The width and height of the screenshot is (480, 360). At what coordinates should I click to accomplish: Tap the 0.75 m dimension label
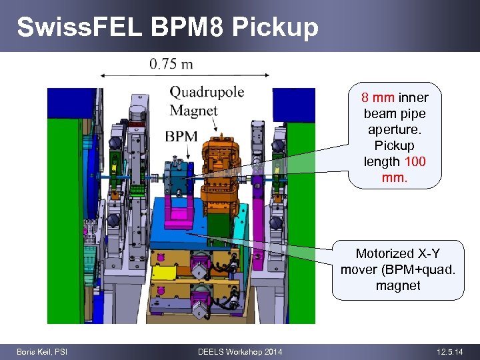(171, 64)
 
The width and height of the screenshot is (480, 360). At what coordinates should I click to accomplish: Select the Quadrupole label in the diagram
(207, 92)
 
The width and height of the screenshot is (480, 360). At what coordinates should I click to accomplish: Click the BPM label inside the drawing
(181, 137)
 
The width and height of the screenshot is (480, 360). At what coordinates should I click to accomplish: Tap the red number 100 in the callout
(414, 161)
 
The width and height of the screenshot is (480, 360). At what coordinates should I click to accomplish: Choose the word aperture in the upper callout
(395, 129)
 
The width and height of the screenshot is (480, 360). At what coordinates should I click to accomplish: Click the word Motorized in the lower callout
(383, 253)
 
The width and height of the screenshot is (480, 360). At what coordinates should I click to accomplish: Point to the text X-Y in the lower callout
(427, 253)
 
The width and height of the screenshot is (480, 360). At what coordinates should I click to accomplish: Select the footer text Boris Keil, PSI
(42, 351)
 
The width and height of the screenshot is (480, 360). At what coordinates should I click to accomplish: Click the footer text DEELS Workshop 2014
(240, 351)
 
